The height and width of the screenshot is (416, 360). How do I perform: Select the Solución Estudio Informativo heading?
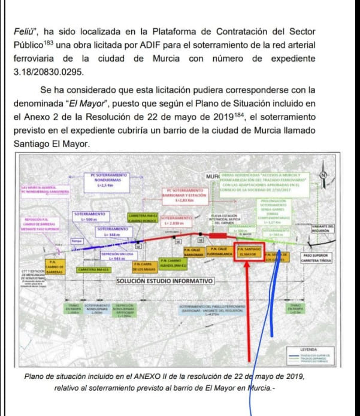pos(165,281)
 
